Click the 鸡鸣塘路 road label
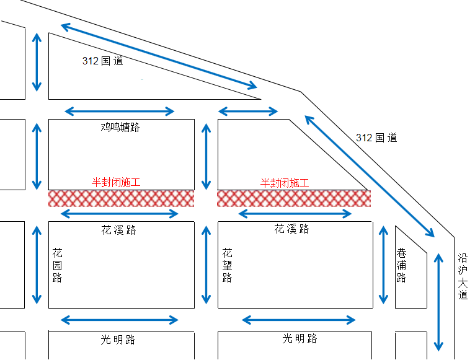click(120, 128)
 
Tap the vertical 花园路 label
click(57, 265)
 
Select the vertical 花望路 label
click(227, 265)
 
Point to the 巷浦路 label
click(401, 265)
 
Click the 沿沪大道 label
click(463, 276)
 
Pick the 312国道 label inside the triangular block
click(102, 61)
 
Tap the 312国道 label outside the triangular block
click(376, 138)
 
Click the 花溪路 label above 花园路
click(118, 230)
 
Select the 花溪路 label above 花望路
click(291, 229)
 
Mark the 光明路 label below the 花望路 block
click(300, 338)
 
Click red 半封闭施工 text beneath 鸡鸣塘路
click(117, 183)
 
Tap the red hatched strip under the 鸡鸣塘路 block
click(121, 198)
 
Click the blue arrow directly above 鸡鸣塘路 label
click(120, 112)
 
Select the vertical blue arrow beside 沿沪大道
click(439, 302)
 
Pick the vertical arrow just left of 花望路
click(206, 265)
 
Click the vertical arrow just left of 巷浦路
click(382, 265)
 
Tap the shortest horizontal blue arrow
click(248, 112)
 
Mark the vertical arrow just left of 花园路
click(37, 265)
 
